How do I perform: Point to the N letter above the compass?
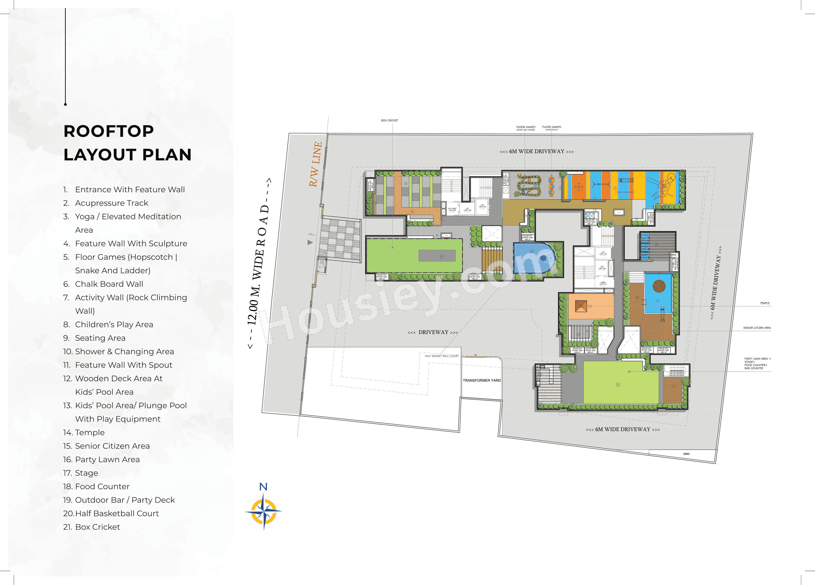pyautogui.click(x=263, y=487)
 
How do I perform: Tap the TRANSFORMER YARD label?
pyautogui.click(x=482, y=380)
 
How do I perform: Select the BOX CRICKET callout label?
pyautogui.click(x=390, y=121)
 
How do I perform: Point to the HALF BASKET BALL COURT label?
pyautogui.click(x=442, y=356)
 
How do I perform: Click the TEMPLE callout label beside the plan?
pyautogui.click(x=765, y=303)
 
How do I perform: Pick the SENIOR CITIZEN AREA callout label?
pyautogui.click(x=757, y=328)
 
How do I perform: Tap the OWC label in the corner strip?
pyautogui.click(x=686, y=454)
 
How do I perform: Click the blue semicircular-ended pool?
pyautogui.click(x=534, y=258)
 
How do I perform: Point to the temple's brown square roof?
pyautogui.click(x=581, y=306)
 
